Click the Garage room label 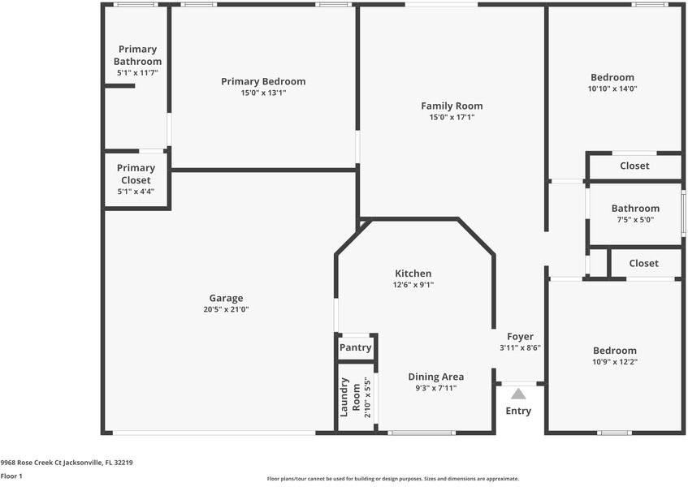pos(226,298)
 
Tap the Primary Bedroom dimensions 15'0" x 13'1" pos(263,93)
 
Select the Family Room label pos(452,106)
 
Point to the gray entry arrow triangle pos(518,394)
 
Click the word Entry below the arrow pos(518,412)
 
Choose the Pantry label pos(356,347)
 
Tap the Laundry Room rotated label pos(350,397)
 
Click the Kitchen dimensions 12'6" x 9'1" pos(413,284)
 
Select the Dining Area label pos(435,377)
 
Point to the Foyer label pos(520,337)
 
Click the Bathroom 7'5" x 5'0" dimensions pos(635,220)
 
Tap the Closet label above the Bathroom pos(634,166)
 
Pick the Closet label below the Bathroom pos(643,263)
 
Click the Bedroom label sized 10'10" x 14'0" pos(612,78)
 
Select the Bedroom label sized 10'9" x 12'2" pos(615,351)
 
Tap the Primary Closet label pos(136,174)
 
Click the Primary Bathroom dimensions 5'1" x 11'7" pos(137,73)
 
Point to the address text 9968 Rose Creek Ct pos(31,463)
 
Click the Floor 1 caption pos(11,476)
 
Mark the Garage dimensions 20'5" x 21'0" pos(226,309)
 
